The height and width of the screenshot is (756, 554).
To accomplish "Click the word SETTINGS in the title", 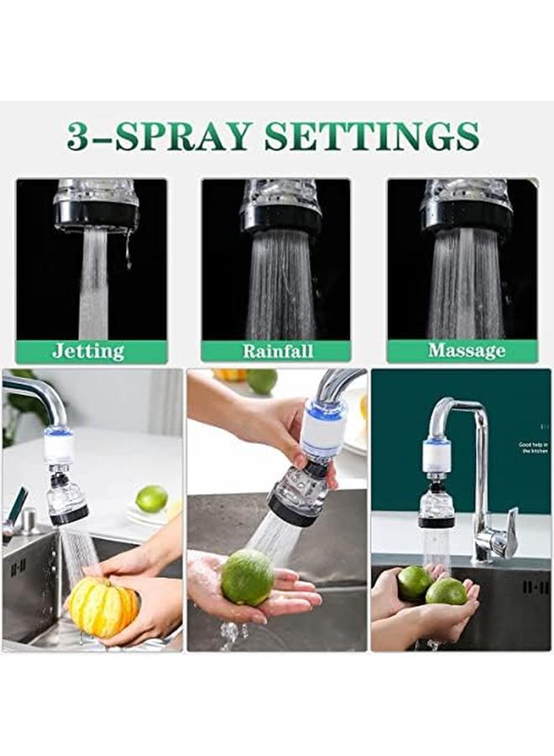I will (372, 135).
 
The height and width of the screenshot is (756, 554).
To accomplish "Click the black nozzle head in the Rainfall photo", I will (280, 220).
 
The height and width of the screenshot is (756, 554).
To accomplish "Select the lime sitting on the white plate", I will (152, 499).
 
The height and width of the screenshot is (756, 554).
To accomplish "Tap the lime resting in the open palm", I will (248, 577).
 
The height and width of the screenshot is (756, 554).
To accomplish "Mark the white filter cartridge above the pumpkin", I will (59, 449).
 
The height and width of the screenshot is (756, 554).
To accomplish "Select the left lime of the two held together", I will (414, 582).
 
